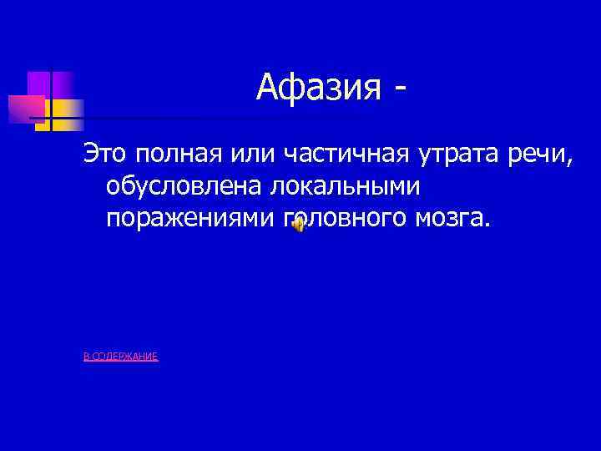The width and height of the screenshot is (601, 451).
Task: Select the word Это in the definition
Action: point(104,155)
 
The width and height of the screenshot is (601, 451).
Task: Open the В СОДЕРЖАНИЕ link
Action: point(121,357)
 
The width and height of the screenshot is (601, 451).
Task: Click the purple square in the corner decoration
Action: point(40,84)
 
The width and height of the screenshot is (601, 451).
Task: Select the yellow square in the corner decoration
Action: point(67,110)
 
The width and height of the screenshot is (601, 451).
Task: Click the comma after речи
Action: point(571,162)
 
